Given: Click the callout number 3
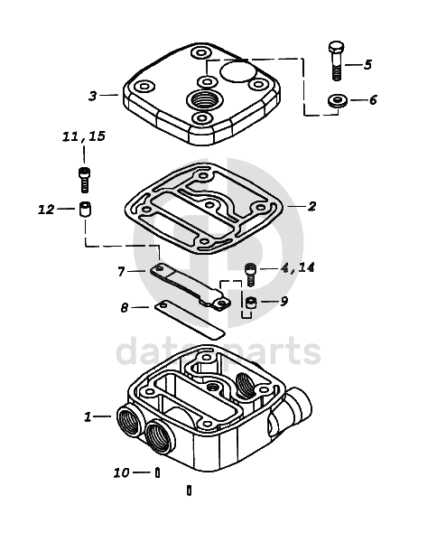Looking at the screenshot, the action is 93,96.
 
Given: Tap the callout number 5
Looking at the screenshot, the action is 367,64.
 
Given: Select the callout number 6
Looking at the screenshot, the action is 373,100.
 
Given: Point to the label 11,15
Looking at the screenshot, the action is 84,136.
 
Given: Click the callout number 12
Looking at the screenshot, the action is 46,210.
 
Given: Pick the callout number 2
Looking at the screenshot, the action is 311,206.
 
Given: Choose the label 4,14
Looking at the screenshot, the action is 297,268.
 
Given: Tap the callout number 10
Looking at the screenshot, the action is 122,472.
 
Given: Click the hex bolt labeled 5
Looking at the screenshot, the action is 336,61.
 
